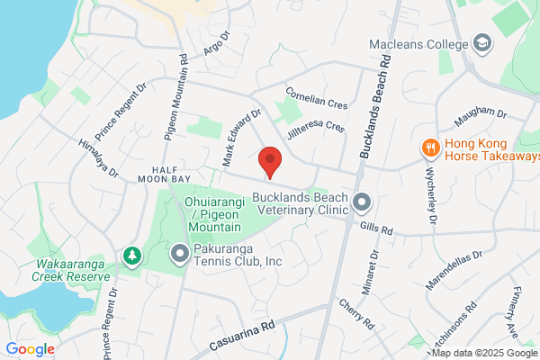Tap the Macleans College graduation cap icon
coord(483,44)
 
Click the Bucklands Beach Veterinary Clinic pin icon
coord(362,202)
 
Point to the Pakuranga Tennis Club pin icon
coord(179,254)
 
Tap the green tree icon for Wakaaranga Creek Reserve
coord(132,256)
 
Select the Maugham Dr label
coord(481,115)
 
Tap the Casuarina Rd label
coord(242,331)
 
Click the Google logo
coord(30,348)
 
